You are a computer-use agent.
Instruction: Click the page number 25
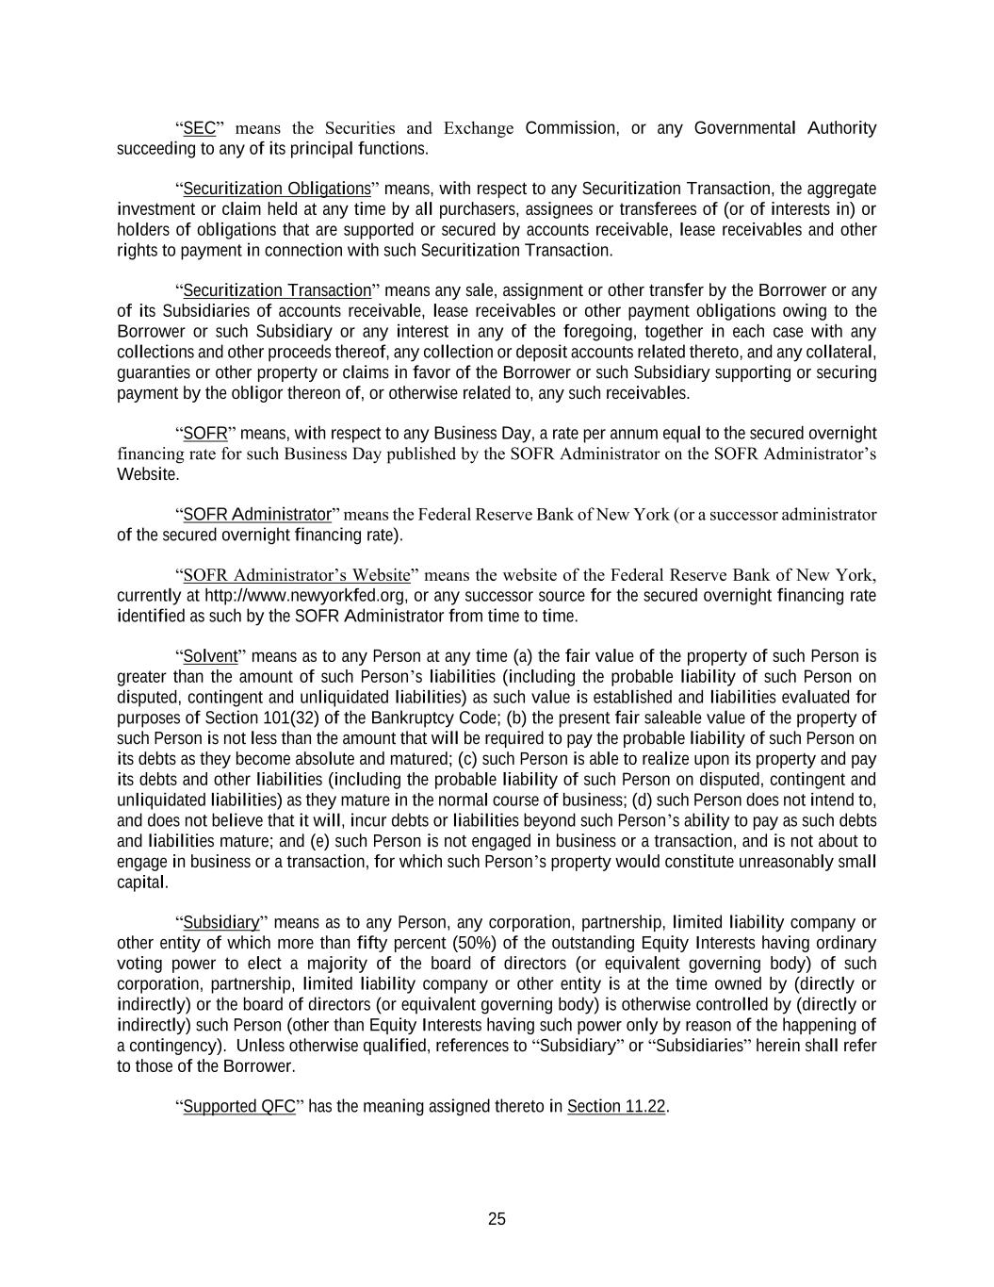497,1219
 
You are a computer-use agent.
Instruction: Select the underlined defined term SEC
199,128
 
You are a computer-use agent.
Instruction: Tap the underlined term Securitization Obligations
276,189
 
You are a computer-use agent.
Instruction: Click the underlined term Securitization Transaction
277,290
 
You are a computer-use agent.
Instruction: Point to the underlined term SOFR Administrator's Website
297,575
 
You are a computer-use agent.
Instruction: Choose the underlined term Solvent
210,656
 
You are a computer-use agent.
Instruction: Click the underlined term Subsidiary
220,922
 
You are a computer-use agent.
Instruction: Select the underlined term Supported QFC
239,1106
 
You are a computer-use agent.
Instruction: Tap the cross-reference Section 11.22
616,1106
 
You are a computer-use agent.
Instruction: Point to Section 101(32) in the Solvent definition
250,718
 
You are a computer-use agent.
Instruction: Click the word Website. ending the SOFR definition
148,474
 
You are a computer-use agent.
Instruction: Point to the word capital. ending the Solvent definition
142,883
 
